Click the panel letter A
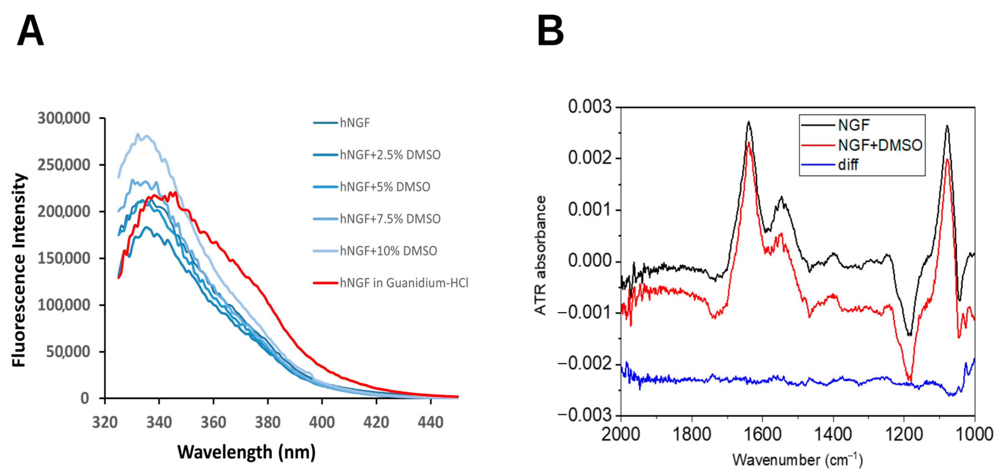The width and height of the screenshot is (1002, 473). tap(30, 31)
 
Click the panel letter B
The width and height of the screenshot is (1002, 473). tap(550, 31)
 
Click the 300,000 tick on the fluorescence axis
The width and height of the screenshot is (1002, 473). tap(64, 118)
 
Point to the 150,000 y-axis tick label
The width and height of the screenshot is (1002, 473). tap(64, 258)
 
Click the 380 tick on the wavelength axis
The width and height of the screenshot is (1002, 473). tap(268, 422)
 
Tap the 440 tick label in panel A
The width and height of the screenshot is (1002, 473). tap(430, 422)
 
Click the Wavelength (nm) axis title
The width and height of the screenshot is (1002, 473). tap(246, 452)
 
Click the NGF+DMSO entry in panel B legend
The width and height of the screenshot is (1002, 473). tap(880, 145)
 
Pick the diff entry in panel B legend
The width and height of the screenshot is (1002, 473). tap(848, 165)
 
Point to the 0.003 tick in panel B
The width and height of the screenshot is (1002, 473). tap(589, 107)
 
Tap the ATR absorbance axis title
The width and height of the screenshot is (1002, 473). tap(541, 255)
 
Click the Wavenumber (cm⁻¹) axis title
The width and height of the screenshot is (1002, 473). tap(797, 460)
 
